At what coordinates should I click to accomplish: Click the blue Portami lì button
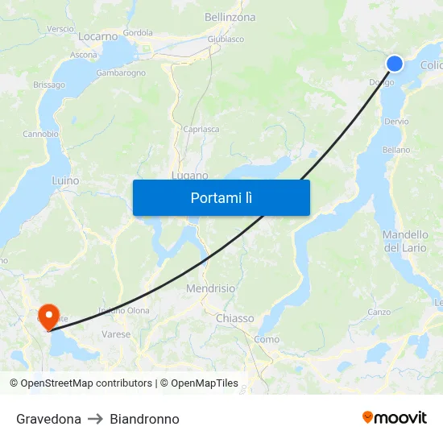(221, 197)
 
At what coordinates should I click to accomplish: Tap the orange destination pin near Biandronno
(48, 314)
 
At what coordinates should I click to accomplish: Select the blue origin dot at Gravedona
(395, 64)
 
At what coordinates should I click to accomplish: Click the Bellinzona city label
(230, 17)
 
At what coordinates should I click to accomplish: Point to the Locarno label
(98, 36)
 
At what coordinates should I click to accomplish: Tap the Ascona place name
(84, 55)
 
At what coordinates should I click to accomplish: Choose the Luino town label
(65, 181)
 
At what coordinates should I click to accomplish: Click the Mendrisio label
(210, 288)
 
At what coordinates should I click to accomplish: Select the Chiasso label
(234, 318)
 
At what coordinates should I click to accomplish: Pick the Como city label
(267, 339)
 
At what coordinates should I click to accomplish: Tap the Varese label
(116, 333)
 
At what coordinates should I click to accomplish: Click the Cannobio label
(40, 134)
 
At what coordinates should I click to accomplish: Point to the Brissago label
(49, 85)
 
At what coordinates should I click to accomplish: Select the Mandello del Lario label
(405, 241)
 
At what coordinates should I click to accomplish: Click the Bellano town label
(396, 150)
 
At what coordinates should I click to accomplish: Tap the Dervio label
(396, 122)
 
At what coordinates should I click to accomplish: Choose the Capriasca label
(201, 129)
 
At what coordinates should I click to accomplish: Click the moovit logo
(395, 418)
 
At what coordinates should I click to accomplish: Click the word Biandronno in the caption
(144, 419)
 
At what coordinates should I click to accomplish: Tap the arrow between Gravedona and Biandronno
(95, 419)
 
